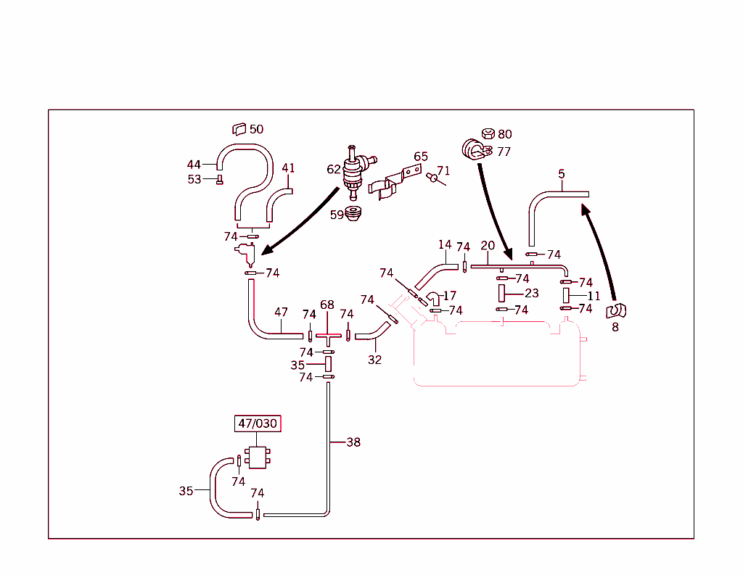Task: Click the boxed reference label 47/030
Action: click(x=258, y=423)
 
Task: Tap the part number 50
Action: click(x=256, y=129)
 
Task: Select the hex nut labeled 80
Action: click(x=488, y=133)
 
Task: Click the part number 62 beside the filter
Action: click(x=334, y=169)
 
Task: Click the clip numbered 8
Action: click(x=616, y=311)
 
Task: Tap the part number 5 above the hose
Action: click(x=562, y=174)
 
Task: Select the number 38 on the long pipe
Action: click(x=353, y=442)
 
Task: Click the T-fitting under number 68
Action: click(x=327, y=338)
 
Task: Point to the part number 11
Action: click(x=594, y=296)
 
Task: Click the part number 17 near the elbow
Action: click(x=450, y=296)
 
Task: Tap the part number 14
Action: click(x=445, y=245)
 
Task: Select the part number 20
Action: click(x=487, y=246)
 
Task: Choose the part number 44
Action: click(x=194, y=165)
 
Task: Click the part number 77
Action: click(x=504, y=152)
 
